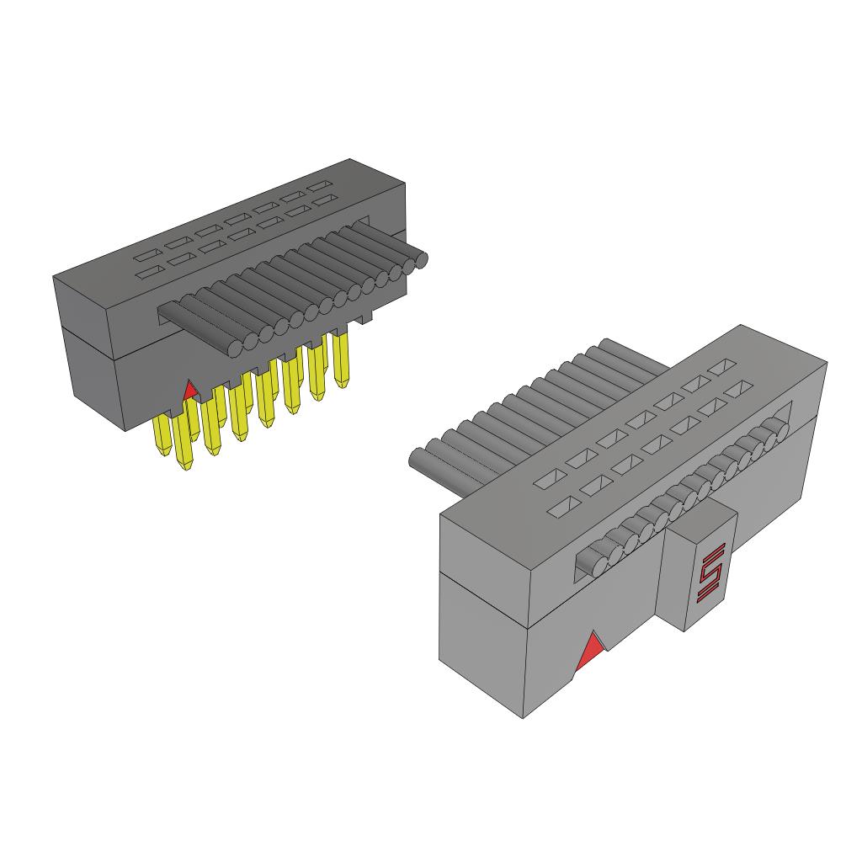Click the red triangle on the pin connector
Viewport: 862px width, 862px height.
click(191, 390)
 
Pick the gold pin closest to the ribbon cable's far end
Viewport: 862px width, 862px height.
click(342, 357)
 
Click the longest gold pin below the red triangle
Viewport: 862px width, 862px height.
click(186, 441)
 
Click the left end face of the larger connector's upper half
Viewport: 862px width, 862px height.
click(484, 548)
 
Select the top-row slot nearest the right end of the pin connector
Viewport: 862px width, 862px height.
click(319, 185)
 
